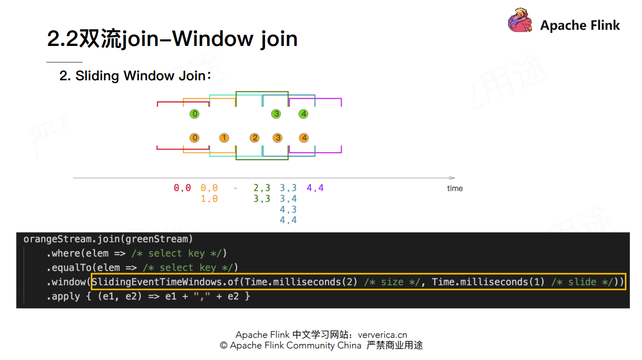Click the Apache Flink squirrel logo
tap(520, 21)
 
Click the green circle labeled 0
tap(194, 114)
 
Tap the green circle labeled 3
tap(276, 114)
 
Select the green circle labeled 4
tap(303, 114)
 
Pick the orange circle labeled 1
tap(224, 138)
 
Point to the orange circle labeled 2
tap(255, 138)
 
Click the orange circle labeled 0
tap(194, 138)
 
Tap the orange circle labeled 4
tap(303, 138)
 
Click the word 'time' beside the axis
tap(455, 188)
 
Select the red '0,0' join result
tap(182, 188)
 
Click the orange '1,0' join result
tap(209, 199)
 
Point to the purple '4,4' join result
tap(315, 188)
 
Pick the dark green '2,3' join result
tap(262, 188)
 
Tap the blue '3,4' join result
tap(288, 199)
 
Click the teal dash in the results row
tap(236, 188)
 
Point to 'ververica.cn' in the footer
tap(382, 335)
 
